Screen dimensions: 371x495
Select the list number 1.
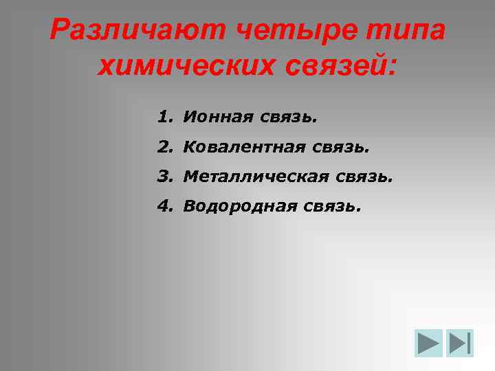point(163,117)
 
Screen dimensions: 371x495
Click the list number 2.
point(163,147)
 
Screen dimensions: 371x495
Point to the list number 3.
point(163,177)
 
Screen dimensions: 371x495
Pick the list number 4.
point(163,206)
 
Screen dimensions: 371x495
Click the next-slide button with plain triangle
point(428,344)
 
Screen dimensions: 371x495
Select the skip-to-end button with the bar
point(460,344)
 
